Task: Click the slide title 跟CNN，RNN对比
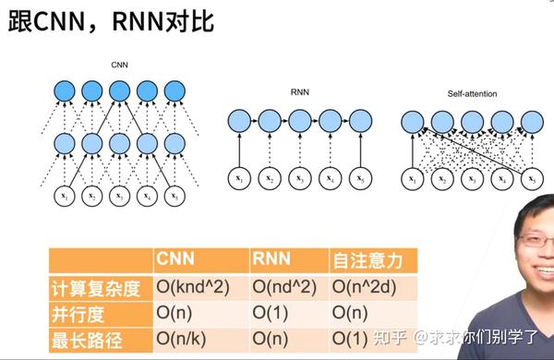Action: [111, 21]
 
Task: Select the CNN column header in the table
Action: [175, 260]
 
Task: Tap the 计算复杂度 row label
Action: [96, 288]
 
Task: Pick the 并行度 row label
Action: [78, 314]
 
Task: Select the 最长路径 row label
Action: [87, 338]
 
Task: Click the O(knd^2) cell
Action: [198, 288]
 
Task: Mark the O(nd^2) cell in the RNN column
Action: [284, 288]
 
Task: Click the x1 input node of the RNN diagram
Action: [239, 177]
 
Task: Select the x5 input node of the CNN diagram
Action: [175, 196]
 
